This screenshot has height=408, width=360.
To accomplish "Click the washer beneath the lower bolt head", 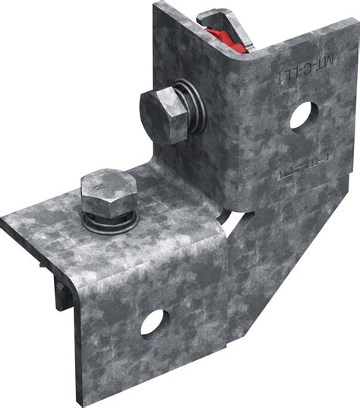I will coord(111,220).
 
